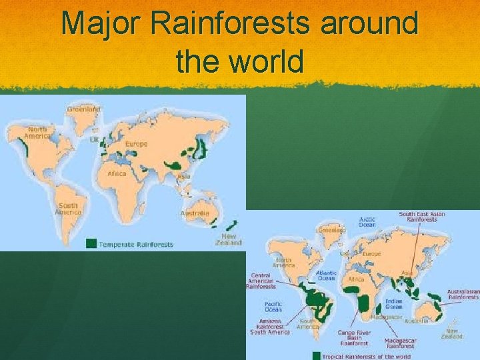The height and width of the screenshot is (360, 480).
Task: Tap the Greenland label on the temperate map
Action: tap(84, 109)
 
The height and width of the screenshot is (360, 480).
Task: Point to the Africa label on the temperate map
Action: tap(117, 174)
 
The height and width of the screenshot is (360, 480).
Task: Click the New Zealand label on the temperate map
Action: tap(229, 239)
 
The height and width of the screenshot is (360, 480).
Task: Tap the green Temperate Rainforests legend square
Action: tap(91, 243)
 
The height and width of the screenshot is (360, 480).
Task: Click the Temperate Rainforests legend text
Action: tap(136, 245)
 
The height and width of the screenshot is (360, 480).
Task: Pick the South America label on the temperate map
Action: tap(68, 209)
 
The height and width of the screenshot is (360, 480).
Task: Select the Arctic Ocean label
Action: tap(367, 222)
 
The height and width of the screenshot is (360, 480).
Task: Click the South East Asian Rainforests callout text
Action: tap(422, 217)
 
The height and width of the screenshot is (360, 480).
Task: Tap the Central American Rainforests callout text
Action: tap(262, 281)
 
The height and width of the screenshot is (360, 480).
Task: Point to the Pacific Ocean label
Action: tap(273, 307)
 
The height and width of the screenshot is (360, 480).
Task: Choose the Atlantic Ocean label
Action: tap(326, 275)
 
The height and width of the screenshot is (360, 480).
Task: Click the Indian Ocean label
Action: tap(394, 303)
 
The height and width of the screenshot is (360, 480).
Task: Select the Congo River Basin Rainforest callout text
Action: tap(354, 337)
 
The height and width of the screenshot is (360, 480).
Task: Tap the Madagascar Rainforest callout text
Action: tap(401, 343)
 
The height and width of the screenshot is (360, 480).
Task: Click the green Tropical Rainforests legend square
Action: tap(317, 356)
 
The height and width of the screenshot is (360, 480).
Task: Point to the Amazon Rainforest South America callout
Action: tap(270, 326)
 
